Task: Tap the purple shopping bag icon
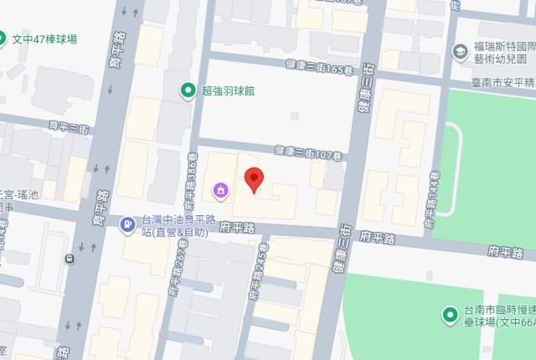[220, 190]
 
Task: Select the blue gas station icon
[126, 224]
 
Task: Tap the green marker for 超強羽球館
[189, 90]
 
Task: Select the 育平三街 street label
[69, 127]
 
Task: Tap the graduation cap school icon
[459, 52]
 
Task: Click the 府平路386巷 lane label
[191, 177]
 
